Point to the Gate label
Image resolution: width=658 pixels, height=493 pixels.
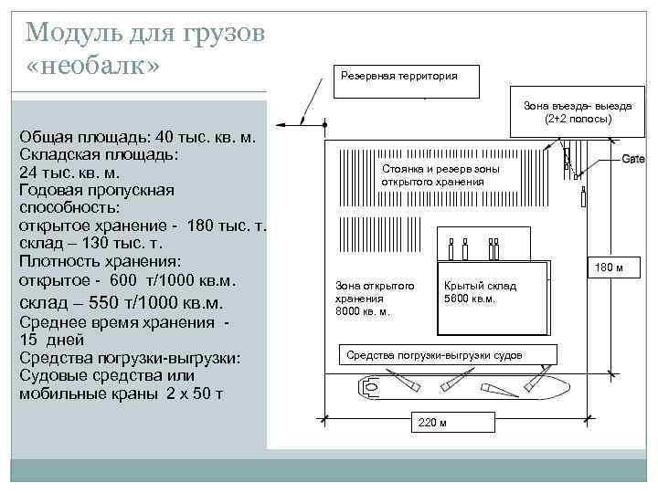pos(633,159)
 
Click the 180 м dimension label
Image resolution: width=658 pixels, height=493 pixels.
pos(609,268)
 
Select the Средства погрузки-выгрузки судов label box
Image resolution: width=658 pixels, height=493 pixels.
pos(445,354)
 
